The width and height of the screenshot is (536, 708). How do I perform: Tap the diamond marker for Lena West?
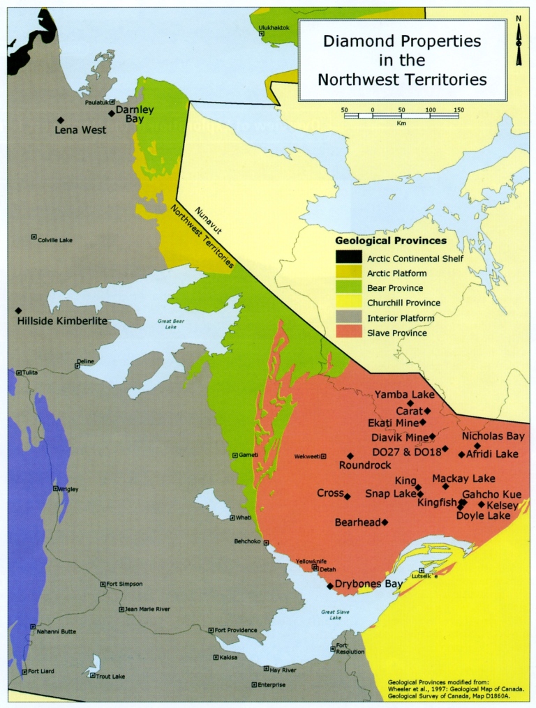(x=61, y=119)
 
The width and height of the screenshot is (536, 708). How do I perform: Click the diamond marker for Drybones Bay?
(x=330, y=586)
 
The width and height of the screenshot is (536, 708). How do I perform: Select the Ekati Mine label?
(x=393, y=423)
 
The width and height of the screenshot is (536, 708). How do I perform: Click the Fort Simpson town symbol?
(x=103, y=584)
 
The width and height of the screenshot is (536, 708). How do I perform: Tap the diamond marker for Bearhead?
(x=385, y=522)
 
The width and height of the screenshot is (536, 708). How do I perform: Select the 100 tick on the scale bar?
(x=430, y=110)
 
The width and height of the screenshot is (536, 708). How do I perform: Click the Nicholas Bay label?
(x=493, y=436)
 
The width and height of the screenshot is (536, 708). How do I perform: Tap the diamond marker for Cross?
(x=348, y=495)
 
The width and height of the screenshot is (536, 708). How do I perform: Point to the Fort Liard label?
(x=41, y=672)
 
